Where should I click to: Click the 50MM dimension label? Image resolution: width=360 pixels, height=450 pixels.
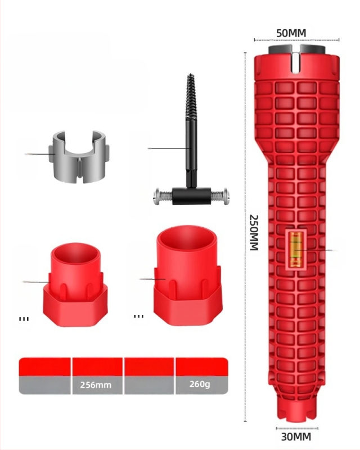point(291,33)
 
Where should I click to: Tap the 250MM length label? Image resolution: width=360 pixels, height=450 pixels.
point(254,232)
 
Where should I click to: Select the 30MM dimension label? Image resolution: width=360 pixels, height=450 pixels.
point(296,437)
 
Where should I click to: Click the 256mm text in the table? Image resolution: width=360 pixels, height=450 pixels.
point(96,385)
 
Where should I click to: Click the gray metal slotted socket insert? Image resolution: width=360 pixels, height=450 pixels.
point(79,157)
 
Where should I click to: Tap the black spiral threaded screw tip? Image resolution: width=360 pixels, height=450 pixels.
point(190,97)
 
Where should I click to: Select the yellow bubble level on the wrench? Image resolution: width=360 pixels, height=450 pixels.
point(295,249)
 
